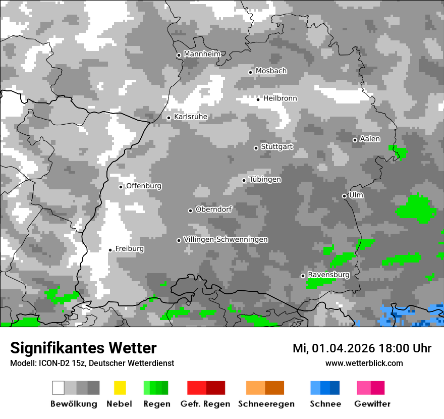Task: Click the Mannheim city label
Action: (x=202, y=54)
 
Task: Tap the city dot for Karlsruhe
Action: (x=169, y=118)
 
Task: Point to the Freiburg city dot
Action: (x=110, y=250)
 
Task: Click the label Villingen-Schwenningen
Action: (x=226, y=239)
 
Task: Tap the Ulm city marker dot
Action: (x=344, y=196)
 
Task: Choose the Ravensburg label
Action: (x=328, y=275)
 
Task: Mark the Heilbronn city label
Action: (x=280, y=98)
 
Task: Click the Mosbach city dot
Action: (x=250, y=72)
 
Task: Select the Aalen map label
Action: (x=370, y=139)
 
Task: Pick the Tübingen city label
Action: (x=265, y=180)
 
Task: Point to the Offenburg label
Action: (x=144, y=186)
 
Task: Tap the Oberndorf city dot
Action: (x=190, y=211)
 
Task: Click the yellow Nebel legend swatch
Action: (x=120, y=388)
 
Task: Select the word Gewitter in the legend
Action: (x=372, y=404)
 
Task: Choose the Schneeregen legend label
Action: (x=265, y=404)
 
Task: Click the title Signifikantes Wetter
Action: (x=83, y=348)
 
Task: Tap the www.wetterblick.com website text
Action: (x=364, y=363)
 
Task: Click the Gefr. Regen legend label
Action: (x=205, y=404)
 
